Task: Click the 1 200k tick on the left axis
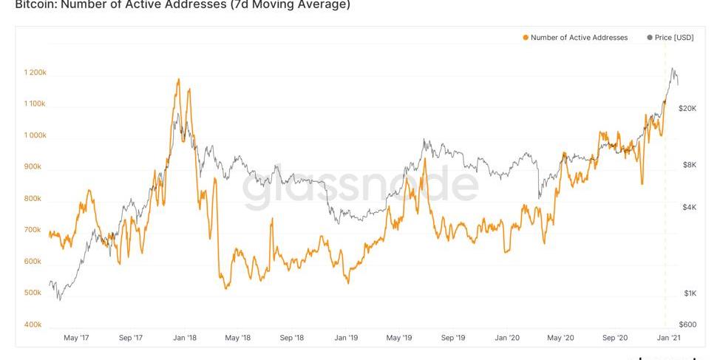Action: pos(35,72)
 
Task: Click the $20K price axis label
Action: pos(688,109)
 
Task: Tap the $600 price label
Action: pos(688,325)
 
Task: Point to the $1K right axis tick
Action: pos(689,293)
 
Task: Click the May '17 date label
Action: pos(76,338)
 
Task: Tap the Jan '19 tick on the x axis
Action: pos(346,338)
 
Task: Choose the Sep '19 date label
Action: pos(453,338)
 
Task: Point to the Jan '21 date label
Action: pos(668,338)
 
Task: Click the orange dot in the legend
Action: pos(526,38)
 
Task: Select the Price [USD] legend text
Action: pos(674,38)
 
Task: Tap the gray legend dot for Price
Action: pos(650,38)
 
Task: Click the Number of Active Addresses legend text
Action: pos(579,38)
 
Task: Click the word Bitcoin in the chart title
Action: pos(33,4)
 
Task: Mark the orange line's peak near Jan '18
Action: pos(178,79)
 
